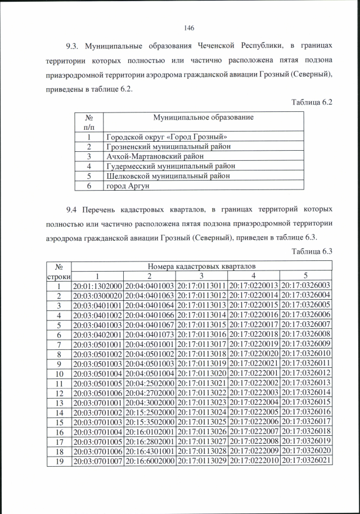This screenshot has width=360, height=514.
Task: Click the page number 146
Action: [189, 28]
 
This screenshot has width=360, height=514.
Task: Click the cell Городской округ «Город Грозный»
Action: [166, 137]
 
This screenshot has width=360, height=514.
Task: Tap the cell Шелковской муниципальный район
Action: [168, 175]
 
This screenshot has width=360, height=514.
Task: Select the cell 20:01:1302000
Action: [97, 286]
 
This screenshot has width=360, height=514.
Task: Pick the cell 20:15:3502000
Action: [149, 422]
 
